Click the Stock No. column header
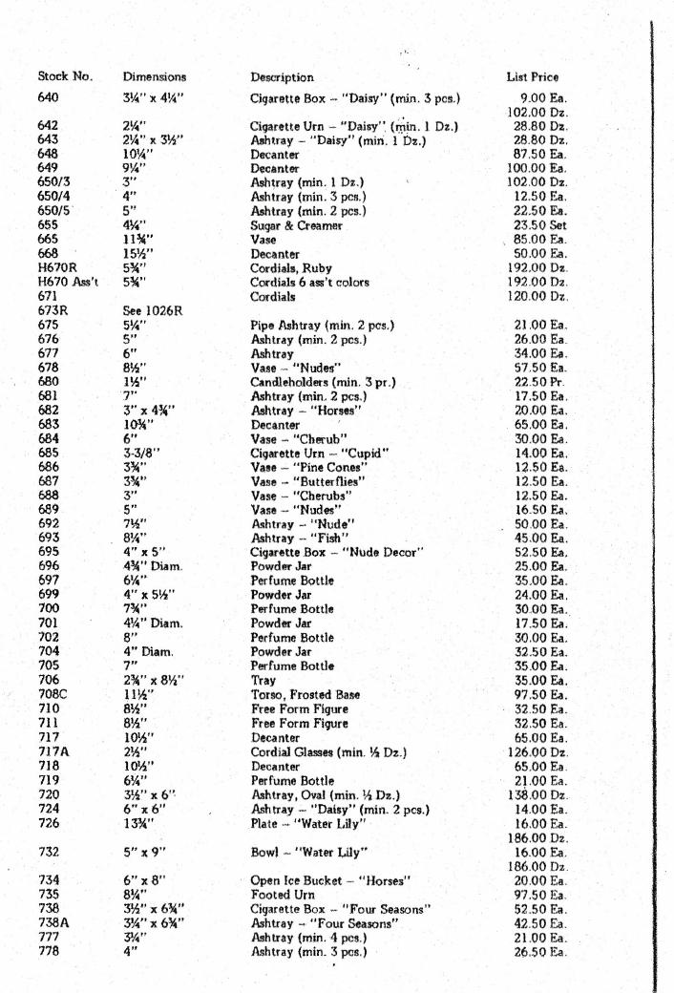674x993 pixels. pyautogui.click(x=59, y=75)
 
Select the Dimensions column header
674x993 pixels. pyautogui.click(x=154, y=75)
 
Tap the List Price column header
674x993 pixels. pyautogui.click(x=533, y=75)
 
